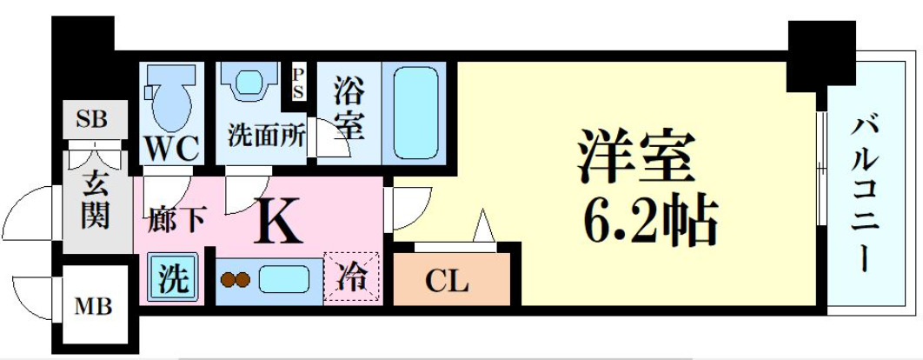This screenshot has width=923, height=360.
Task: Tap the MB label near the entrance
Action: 91,306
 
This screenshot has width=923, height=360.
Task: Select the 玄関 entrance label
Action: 95,202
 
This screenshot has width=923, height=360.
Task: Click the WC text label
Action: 172,149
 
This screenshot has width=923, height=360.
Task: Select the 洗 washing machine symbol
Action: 172,280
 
